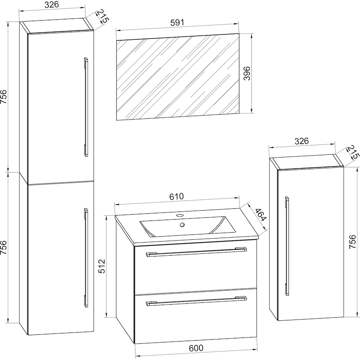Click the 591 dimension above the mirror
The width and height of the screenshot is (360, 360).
[x=177, y=22]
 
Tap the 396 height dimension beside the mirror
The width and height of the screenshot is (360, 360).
[x=247, y=73]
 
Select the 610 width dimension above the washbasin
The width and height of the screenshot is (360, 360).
[x=176, y=197]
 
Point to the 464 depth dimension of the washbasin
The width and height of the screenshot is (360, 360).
[x=261, y=215]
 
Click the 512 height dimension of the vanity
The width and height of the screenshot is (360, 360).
[x=102, y=266]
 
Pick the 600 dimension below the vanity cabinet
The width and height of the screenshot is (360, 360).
[x=196, y=348]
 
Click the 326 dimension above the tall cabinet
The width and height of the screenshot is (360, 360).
[x=52, y=4]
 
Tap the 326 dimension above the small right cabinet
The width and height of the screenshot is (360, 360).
[x=301, y=141]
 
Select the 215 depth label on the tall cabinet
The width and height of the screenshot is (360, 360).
[x=102, y=16]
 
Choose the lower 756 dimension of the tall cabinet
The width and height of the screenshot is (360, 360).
[x=4, y=247]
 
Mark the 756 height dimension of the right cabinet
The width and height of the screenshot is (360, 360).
[x=352, y=242]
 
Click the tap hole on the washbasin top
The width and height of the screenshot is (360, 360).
[x=180, y=216]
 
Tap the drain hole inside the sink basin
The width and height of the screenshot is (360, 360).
[x=182, y=225]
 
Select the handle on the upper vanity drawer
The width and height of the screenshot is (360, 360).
[x=196, y=252]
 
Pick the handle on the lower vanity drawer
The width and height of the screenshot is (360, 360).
[x=196, y=301]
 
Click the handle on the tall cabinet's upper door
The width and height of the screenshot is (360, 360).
[x=86, y=107]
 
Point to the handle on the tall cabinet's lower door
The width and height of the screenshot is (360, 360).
[x=86, y=258]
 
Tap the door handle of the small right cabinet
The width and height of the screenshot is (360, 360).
[x=287, y=246]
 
